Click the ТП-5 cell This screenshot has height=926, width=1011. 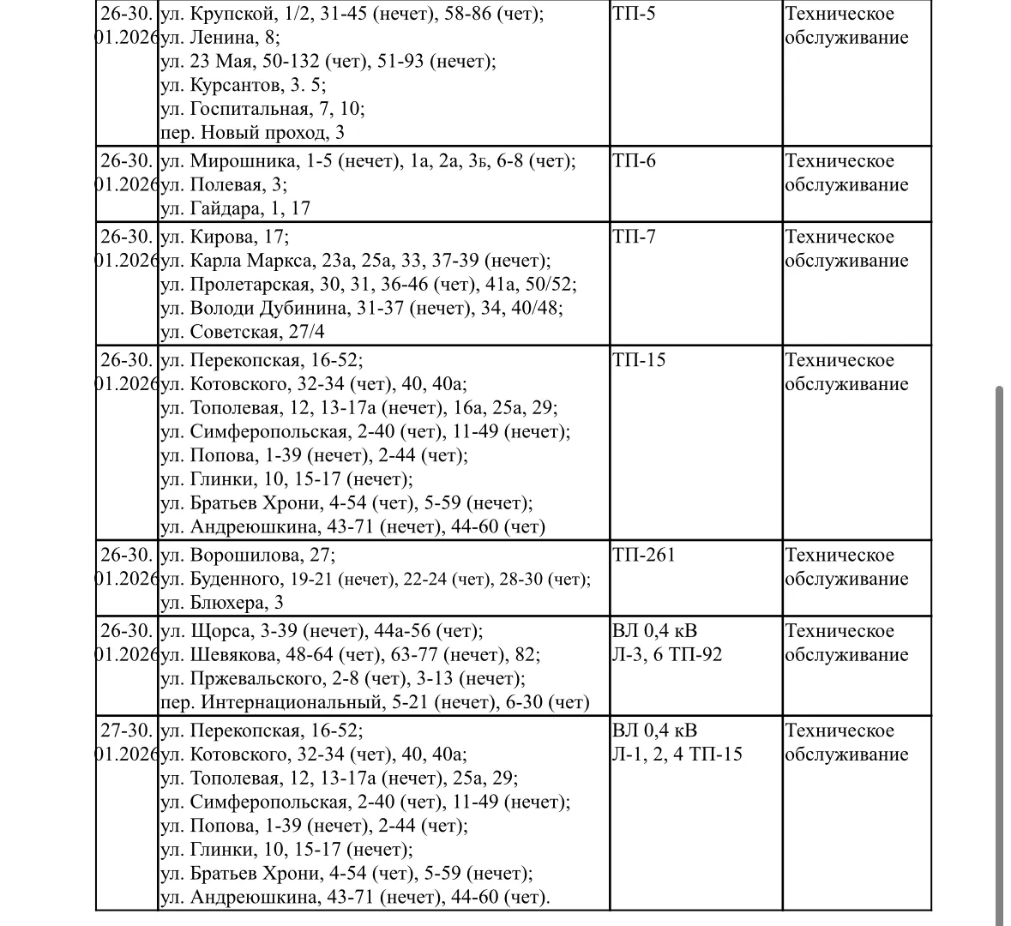pyautogui.click(x=635, y=15)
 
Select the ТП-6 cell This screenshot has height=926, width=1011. pyautogui.click(x=635, y=161)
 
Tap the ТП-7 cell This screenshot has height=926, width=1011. pyautogui.click(x=635, y=238)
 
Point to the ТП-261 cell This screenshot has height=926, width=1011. pyautogui.click(x=644, y=556)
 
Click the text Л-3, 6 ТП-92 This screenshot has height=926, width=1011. pyautogui.click(x=667, y=655)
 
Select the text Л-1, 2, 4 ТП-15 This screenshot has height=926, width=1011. pyautogui.click(x=677, y=755)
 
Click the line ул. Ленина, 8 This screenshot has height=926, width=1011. pyautogui.click(x=220, y=38)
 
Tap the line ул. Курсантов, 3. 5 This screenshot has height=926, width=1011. pyautogui.click(x=244, y=86)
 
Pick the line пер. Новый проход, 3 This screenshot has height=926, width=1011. pyautogui.click(x=252, y=133)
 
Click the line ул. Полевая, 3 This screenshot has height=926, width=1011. pyautogui.click(x=224, y=185)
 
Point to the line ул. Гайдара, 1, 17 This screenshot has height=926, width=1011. pyautogui.click(x=236, y=208)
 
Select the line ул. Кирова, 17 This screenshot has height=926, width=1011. pyautogui.click(x=225, y=238)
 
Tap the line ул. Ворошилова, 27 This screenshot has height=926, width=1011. pyautogui.click(x=248, y=556)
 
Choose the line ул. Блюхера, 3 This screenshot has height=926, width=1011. pyautogui.click(x=222, y=603)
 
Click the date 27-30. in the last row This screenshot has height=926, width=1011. pyautogui.click(x=126, y=731)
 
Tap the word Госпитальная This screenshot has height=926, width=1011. pyautogui.click(x=249, y=109)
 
